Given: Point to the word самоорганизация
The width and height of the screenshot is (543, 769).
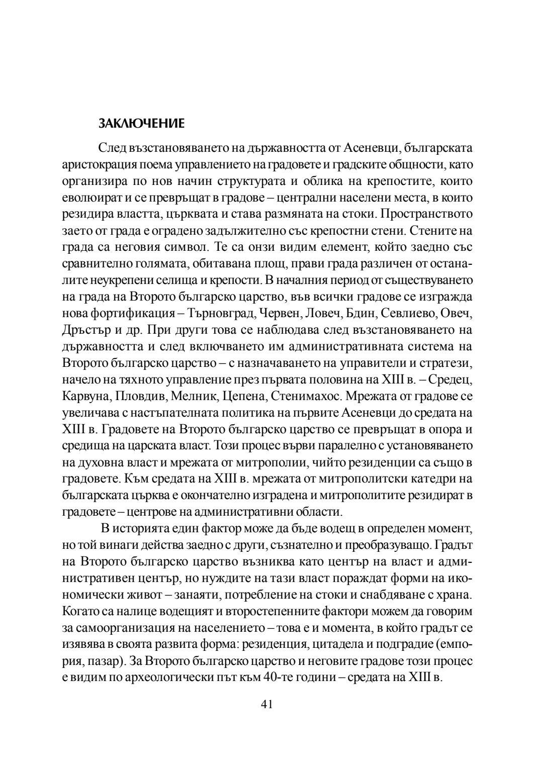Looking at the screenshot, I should (x=126, y=628).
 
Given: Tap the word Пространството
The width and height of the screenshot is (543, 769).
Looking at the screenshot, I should (x=427, y=214).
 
